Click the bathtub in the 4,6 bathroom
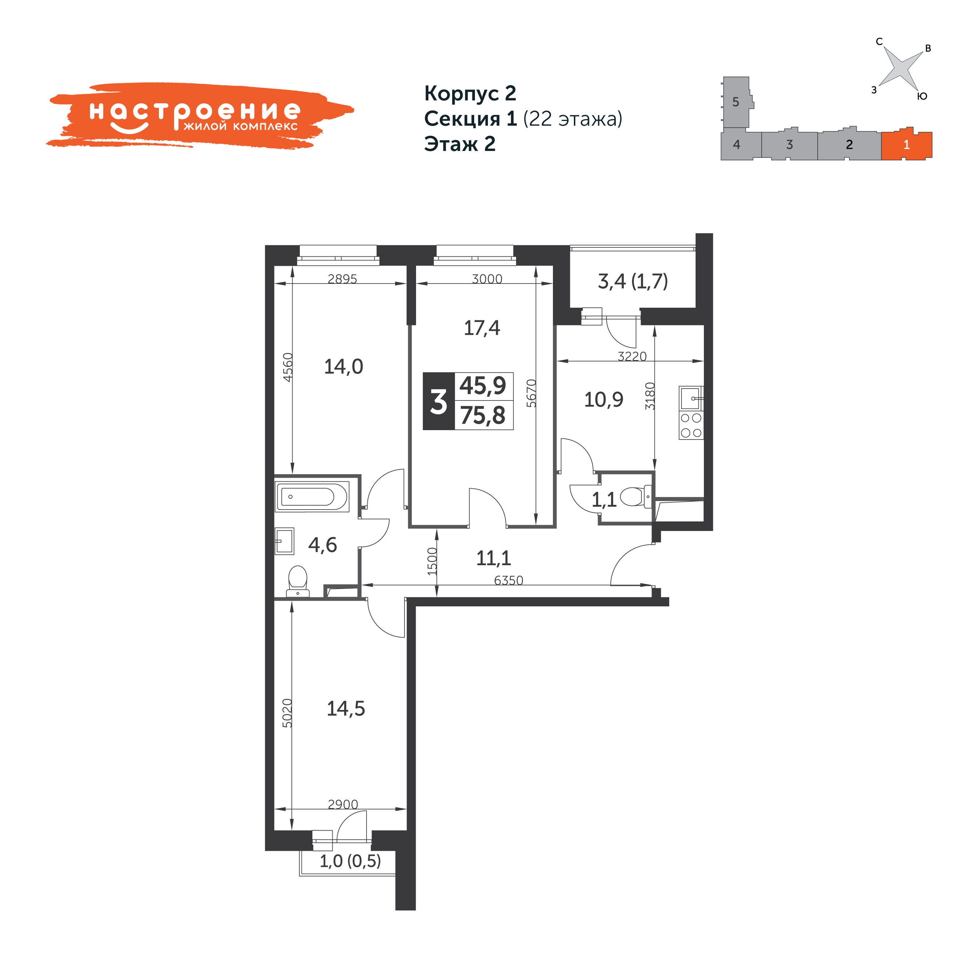(312, 497)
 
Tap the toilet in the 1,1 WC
(636, 497)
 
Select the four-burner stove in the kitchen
(691, 425)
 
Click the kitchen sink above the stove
(691, 398)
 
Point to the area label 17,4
(482, 328)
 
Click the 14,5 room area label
(346, 709)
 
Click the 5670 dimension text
(531, 393)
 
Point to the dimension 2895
(342, 279)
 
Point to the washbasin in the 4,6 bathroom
(285, 541)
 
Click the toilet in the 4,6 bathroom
(298, 581)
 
